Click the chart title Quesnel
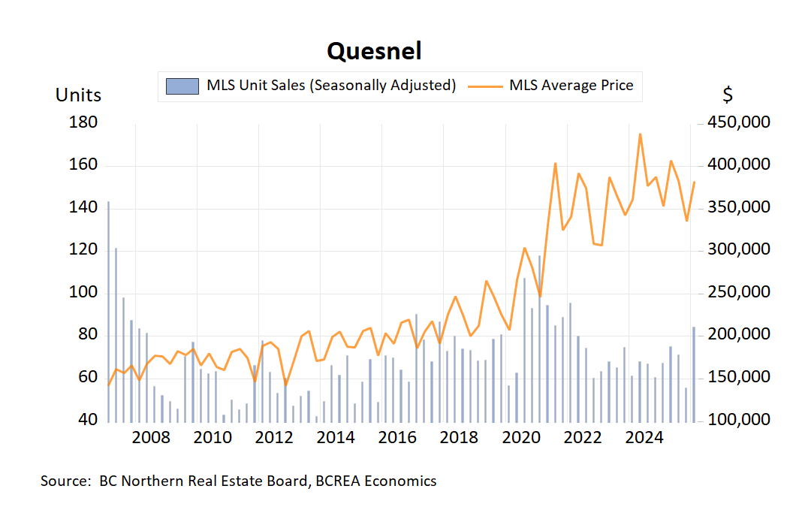pos(374,51)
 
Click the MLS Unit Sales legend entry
pos(311,86)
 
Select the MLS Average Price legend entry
pos(551,86)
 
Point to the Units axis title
pos(78,95)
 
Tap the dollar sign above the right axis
pos(728,95)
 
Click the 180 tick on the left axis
pos(83,122)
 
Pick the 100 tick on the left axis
pos(83,292)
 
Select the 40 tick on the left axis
pos(88,419)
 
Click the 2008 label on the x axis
pos(151,439)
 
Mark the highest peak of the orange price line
pos(640,134)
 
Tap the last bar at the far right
pos(694,373)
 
